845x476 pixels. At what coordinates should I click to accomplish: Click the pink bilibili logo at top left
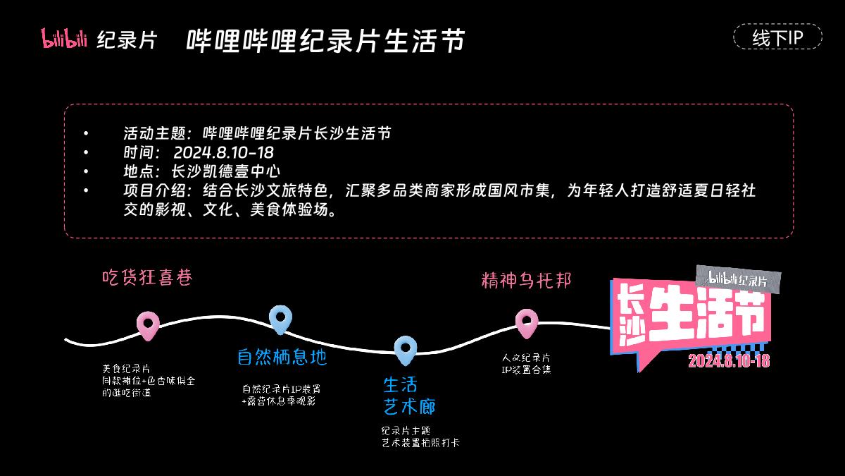coord(64,39)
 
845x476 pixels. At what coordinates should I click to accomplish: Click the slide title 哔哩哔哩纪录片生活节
coord(325,40)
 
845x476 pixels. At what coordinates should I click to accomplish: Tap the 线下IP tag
coord(777,37)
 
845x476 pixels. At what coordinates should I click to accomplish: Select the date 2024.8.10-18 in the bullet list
coord(223,152)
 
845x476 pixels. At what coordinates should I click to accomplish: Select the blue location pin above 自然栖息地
coord(280,319)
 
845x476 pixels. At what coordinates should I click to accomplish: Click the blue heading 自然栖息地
coord(282,358)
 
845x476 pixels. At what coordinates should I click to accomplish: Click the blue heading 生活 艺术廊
coord(409,396)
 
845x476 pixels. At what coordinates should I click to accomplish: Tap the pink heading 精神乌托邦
coord(526,280)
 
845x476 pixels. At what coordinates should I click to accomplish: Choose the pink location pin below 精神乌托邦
coord(527,322)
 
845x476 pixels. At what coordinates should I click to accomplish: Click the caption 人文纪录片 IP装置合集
coord(526,363)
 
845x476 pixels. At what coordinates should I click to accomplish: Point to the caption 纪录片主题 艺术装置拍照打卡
coord(420,436)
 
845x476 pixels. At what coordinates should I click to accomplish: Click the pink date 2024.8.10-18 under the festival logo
coord(728,361)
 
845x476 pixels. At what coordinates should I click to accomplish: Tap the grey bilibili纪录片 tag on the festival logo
coord(737,279)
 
